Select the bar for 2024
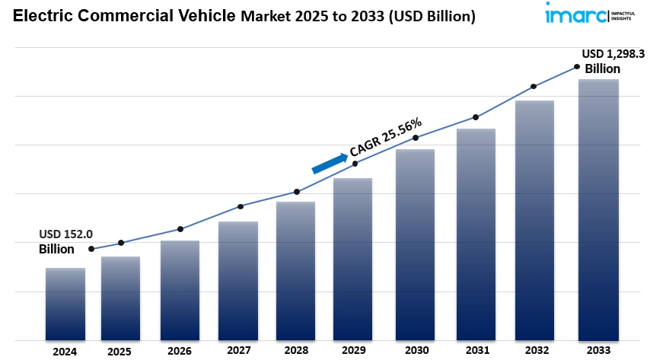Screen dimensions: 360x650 pos(65,303)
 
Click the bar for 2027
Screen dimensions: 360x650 pos(238,280)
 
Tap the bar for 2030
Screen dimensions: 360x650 pos(415,244)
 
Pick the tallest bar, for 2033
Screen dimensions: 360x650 pos(597,209)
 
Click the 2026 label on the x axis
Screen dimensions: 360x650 pos(179,352)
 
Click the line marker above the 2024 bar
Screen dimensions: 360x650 pos(91,249)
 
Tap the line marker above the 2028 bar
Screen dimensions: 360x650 pos(297,192)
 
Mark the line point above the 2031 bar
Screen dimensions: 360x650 pos(476,117)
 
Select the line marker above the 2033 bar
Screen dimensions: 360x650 pos(577,67)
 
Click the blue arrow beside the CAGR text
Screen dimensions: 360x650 pos(329,162)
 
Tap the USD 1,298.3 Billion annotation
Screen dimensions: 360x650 pos(613,61)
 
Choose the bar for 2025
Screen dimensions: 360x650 pos(121,298)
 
